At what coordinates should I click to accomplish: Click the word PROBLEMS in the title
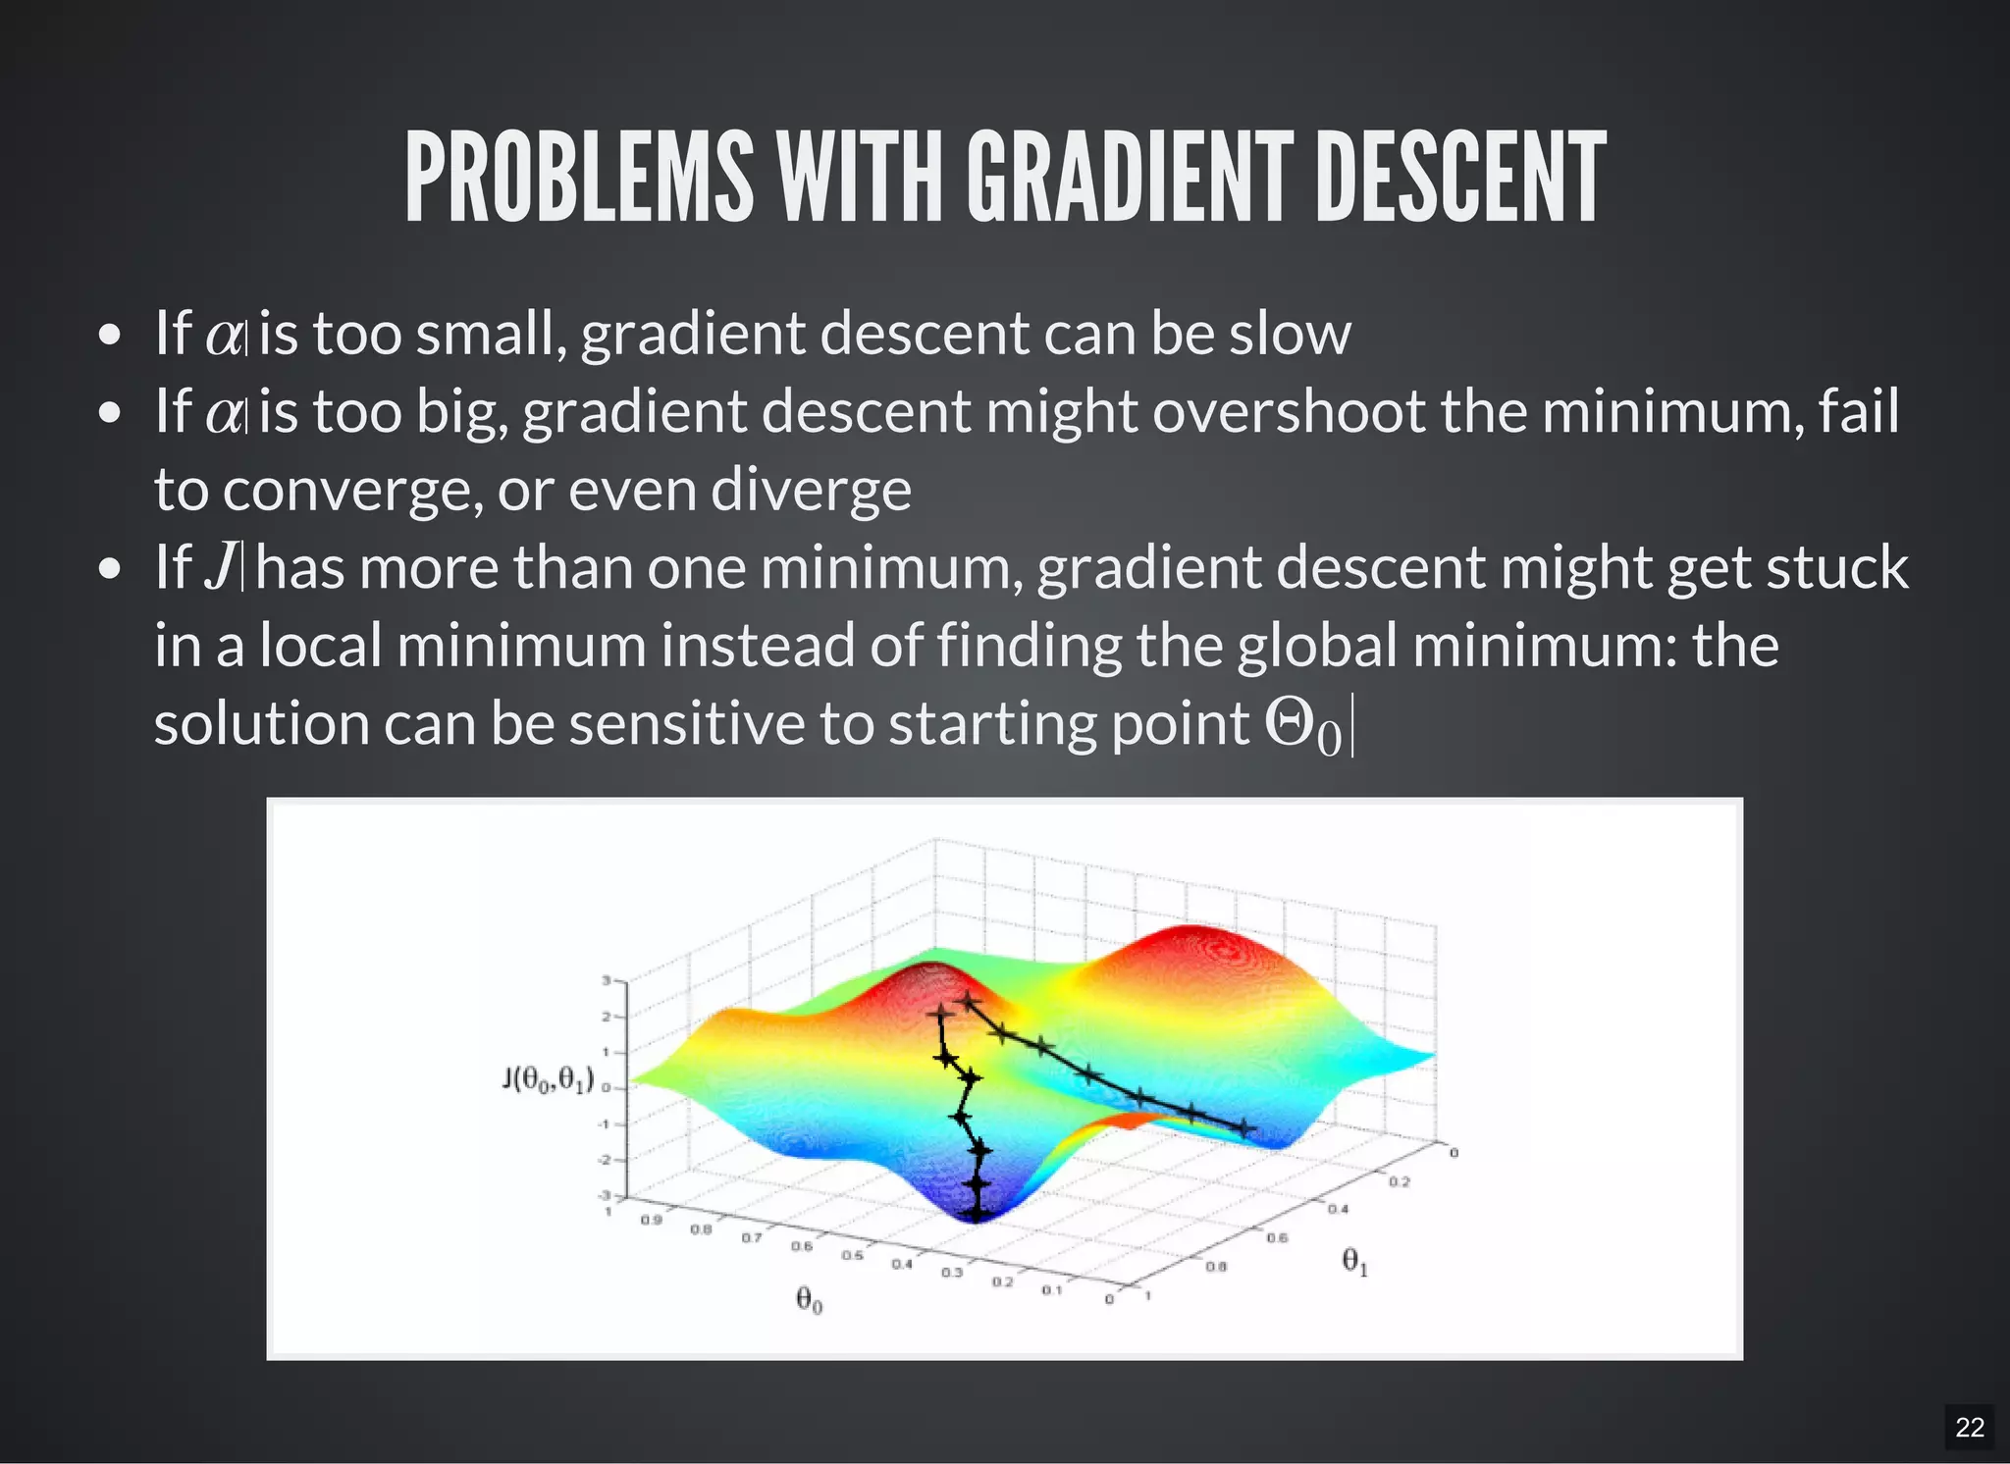579,178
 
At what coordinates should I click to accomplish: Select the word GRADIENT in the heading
1130,178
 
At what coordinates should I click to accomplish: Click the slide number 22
1969,1427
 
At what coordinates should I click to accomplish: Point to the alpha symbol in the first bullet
225,336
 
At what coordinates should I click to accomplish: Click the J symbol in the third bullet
221,567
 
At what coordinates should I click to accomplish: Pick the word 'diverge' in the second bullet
811,490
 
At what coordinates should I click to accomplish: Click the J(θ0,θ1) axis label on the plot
548,1080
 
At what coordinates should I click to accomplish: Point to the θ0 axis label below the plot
809,1300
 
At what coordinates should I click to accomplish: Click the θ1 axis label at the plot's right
1354,1261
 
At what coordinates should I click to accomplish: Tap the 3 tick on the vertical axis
607,980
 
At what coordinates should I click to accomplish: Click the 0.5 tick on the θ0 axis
852,1255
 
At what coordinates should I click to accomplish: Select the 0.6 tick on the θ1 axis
1277,1238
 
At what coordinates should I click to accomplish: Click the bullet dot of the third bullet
110,568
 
